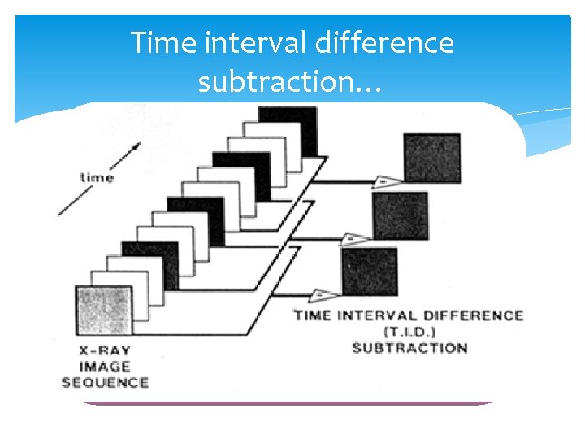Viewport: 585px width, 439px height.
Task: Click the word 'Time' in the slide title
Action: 164,42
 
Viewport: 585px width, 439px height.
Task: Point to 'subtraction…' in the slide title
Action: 288,82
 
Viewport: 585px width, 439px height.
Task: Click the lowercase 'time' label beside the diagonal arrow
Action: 97,176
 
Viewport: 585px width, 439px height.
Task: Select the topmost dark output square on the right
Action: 432,158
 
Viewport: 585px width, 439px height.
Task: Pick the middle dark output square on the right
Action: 401,215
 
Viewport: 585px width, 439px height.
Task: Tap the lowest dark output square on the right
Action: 370,272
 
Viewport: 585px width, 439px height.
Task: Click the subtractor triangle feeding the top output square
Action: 385,182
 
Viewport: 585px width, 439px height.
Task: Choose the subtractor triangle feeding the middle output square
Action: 353,239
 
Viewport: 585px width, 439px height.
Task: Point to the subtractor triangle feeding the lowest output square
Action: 323,294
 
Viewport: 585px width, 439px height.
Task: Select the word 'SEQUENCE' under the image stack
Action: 105,382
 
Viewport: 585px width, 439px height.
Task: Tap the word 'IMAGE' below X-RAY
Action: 104,367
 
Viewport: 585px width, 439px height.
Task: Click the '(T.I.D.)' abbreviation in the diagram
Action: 409,332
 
